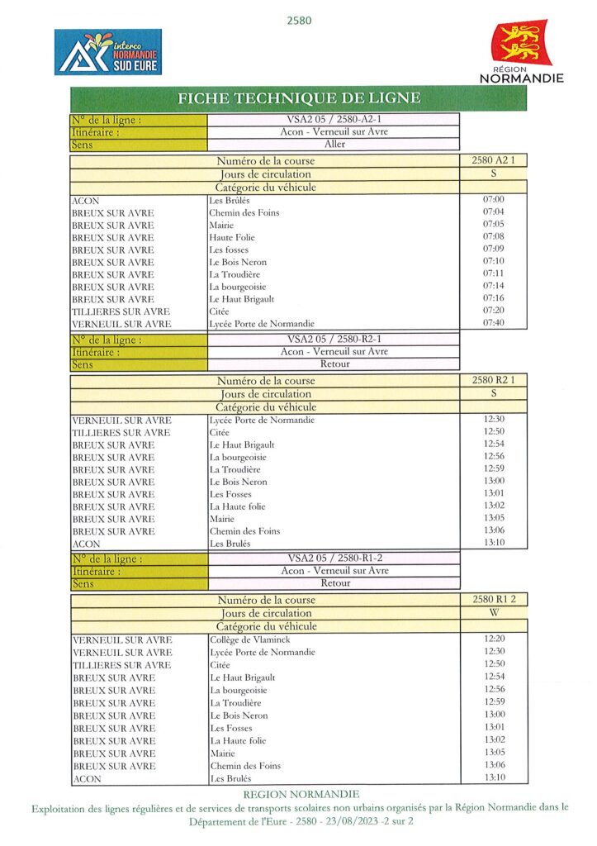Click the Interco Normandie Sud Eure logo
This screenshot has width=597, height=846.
point(108,52)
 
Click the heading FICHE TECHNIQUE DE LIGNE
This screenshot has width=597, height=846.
point(299,98)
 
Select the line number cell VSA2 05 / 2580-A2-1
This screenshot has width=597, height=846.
point(334,120)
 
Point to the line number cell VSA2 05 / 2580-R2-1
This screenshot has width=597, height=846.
point(334,340)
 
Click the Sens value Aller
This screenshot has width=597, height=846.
point(334,145)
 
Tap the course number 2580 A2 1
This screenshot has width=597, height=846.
point(493,160)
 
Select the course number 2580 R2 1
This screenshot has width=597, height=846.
point(493,380)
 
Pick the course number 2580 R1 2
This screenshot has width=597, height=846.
point(494,600)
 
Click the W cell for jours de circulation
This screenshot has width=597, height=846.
point(494,613)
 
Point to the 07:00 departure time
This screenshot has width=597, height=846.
point(493,200)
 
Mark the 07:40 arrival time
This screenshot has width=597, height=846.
point(493,323)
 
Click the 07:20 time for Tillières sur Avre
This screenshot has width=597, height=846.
point(493,311)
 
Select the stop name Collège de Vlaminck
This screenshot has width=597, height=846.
point(250,639)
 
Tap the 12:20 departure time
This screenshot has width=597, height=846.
point(494,639)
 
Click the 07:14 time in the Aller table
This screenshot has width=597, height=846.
point(493,286)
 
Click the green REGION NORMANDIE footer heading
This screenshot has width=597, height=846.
point(296,794)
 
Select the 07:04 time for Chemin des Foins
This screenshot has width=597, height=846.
point(493,212)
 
